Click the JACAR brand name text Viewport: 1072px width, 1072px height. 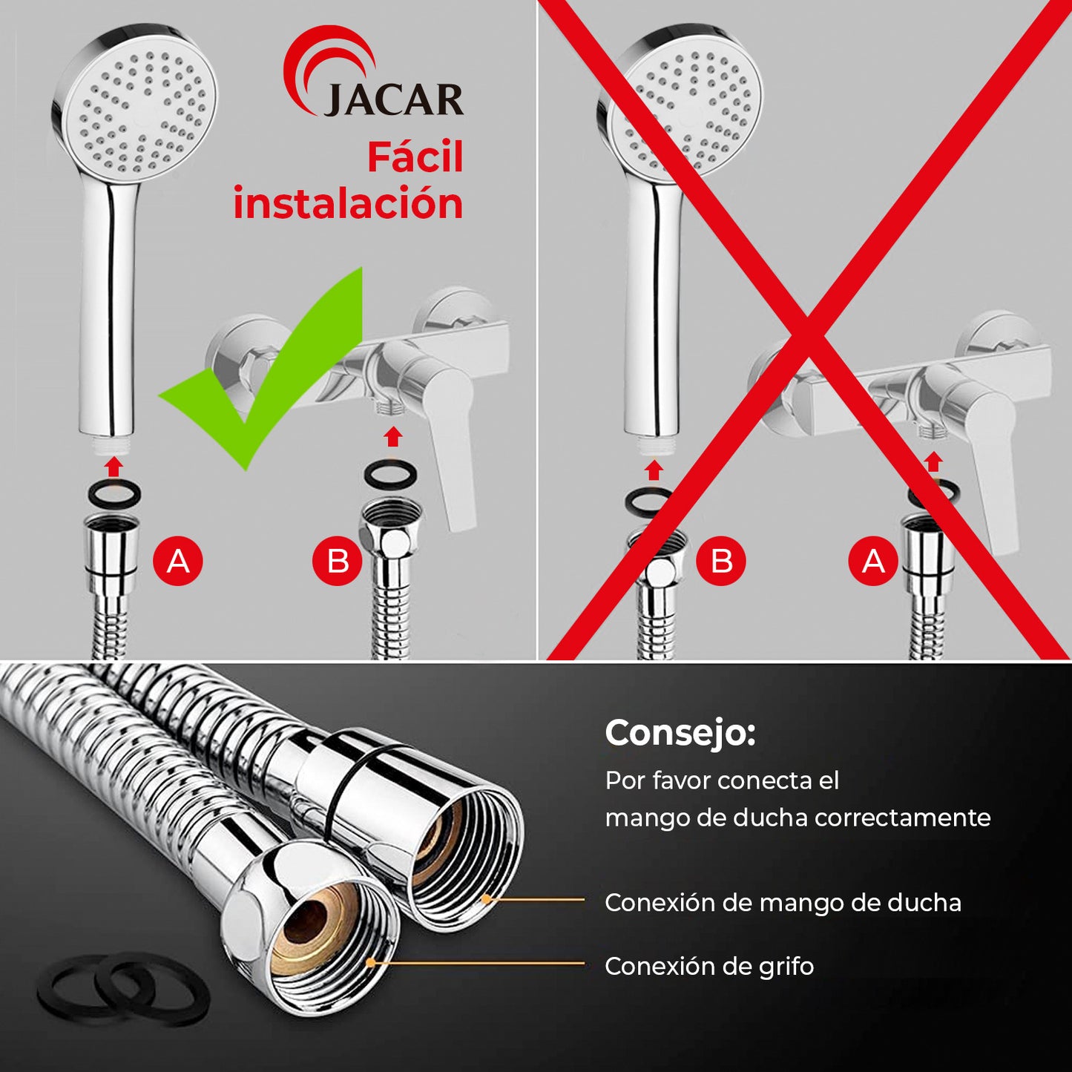click(x=393, y=99)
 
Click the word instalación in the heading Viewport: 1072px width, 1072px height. click(x=348, y=203)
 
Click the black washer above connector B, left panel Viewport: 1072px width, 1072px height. click(x=390, y=473)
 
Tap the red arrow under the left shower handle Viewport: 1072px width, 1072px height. click(x=114, y=466)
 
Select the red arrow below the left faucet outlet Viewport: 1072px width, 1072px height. click(x=393, y=436)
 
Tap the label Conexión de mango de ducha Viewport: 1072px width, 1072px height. click(x=783, y=902)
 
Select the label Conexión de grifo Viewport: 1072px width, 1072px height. click(x=709, y=966)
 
